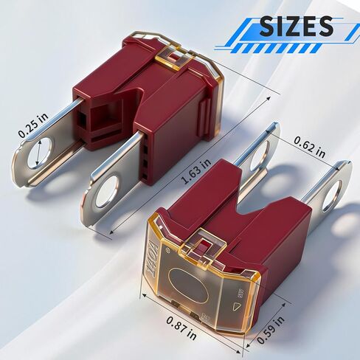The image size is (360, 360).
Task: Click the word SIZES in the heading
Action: pos(295,27)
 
